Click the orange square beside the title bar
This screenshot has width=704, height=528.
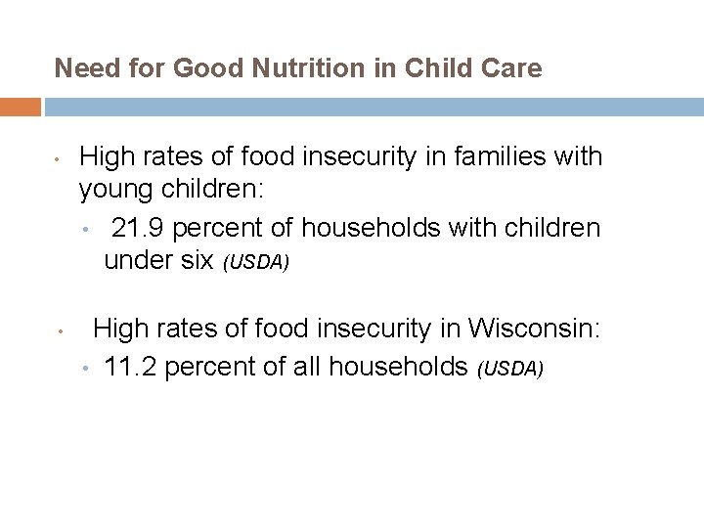click(x=21, y=107)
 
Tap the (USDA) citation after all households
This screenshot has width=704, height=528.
click(x=509, y=369)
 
